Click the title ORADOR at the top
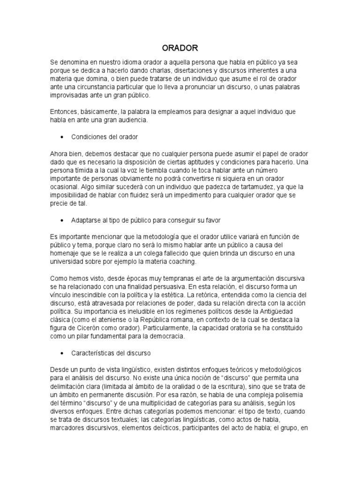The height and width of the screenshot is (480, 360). pos(180,48)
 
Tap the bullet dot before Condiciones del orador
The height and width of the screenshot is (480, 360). pos(62,137)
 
